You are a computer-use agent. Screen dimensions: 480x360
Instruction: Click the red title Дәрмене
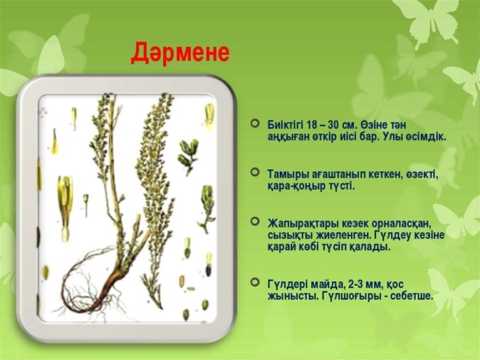pos(180,53)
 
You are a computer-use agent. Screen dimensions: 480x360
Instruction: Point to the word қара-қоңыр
pos(294,186)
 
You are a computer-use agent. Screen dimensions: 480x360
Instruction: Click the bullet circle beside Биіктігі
pos(255,123)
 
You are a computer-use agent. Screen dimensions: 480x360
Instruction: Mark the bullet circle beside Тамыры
pos(255,173)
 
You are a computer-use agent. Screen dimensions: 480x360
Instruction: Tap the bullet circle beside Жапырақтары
pos(255,221)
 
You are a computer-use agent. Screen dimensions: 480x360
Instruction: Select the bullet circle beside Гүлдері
pos(255,282)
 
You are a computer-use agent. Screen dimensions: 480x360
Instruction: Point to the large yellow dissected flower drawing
pos(66,207)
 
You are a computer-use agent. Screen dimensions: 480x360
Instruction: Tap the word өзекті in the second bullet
pos(423,175)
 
